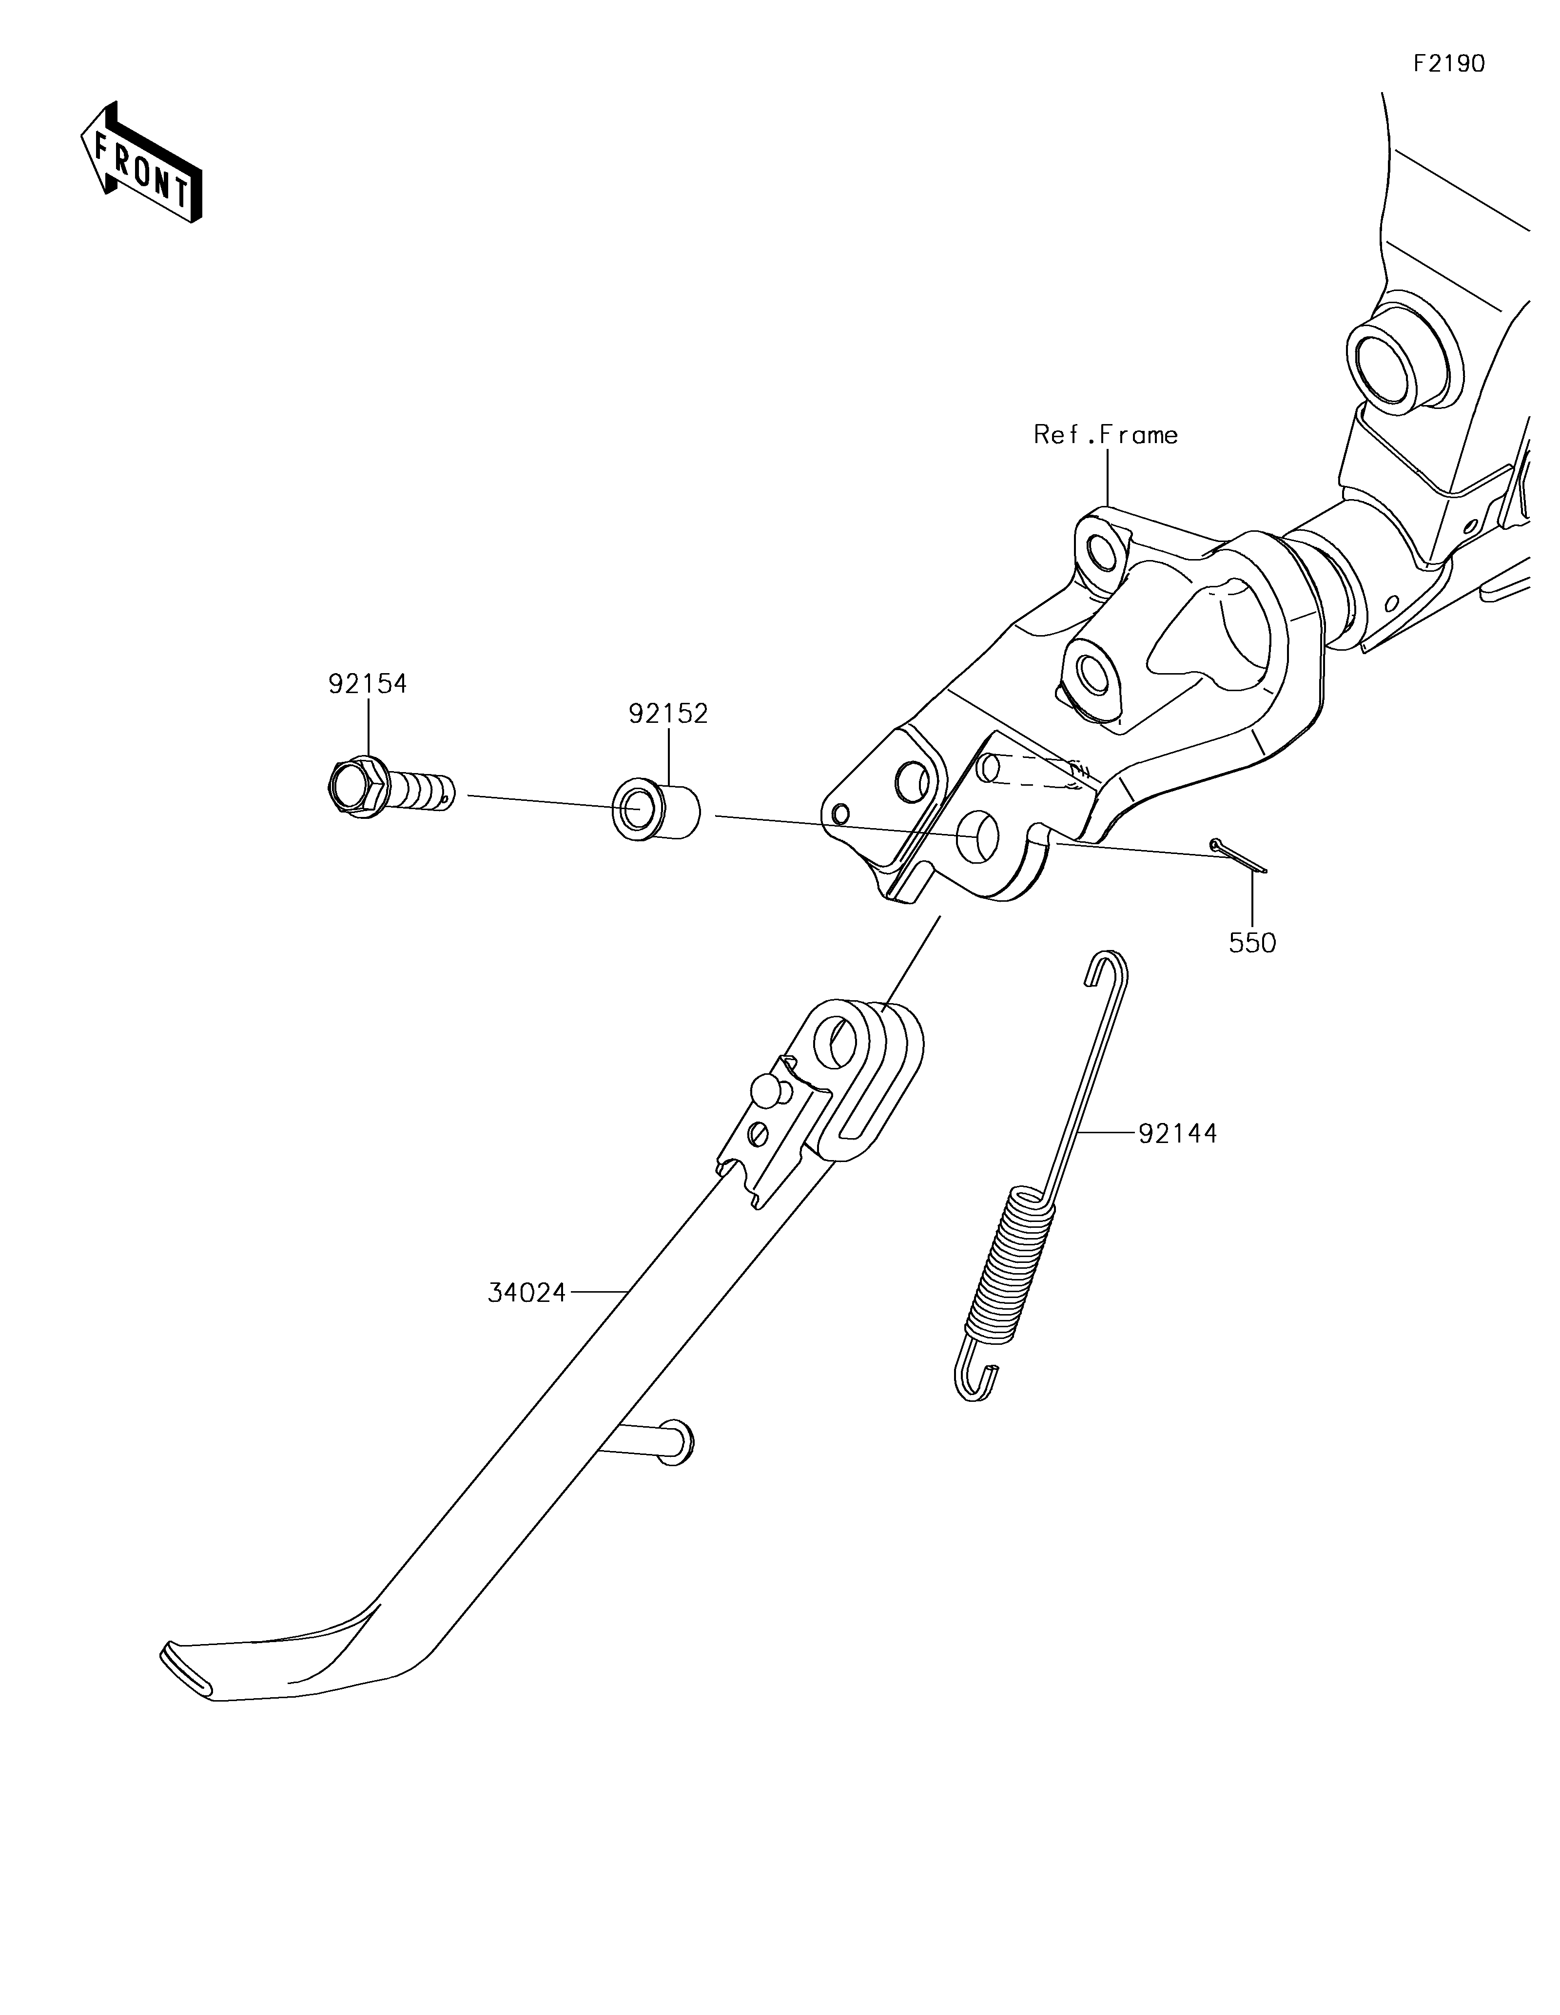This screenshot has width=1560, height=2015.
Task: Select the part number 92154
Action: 367,684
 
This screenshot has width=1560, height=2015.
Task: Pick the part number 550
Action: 1252,943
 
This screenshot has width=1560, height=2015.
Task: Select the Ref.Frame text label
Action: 1105,435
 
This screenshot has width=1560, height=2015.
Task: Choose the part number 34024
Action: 527,1294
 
